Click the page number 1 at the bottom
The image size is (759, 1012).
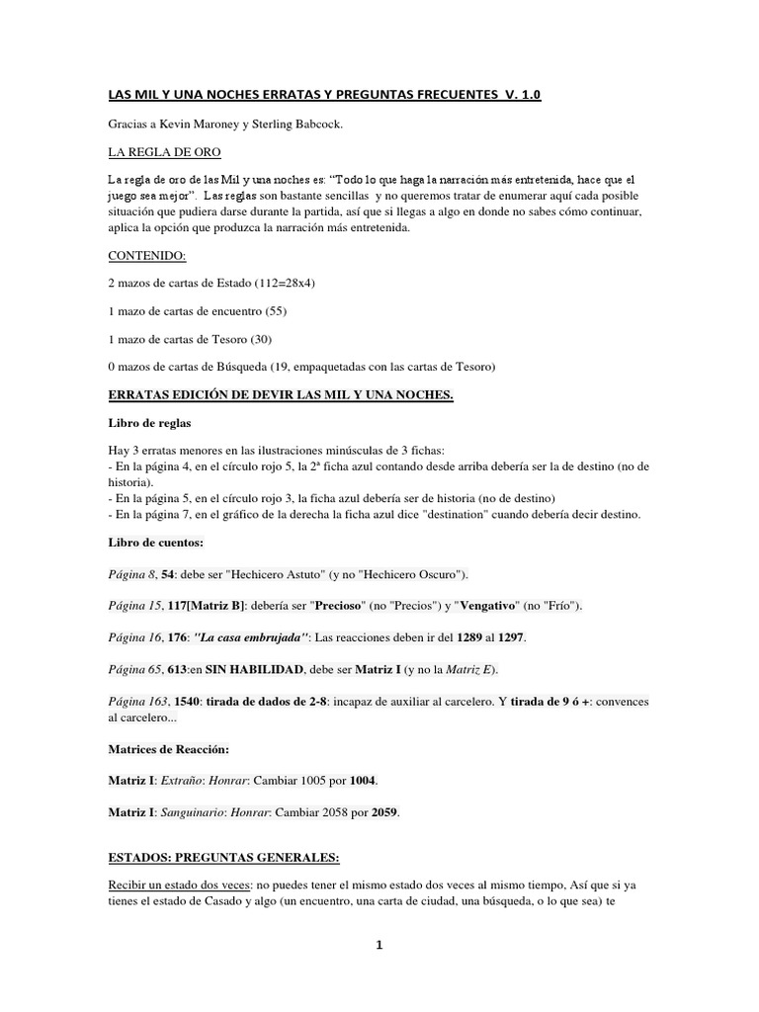pos(379,945)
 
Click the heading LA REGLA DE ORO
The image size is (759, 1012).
pos(164,153)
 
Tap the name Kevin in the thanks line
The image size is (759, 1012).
pos(181,126)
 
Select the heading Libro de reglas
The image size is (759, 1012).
pos(147,422)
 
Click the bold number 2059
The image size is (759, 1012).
pos(386,812)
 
